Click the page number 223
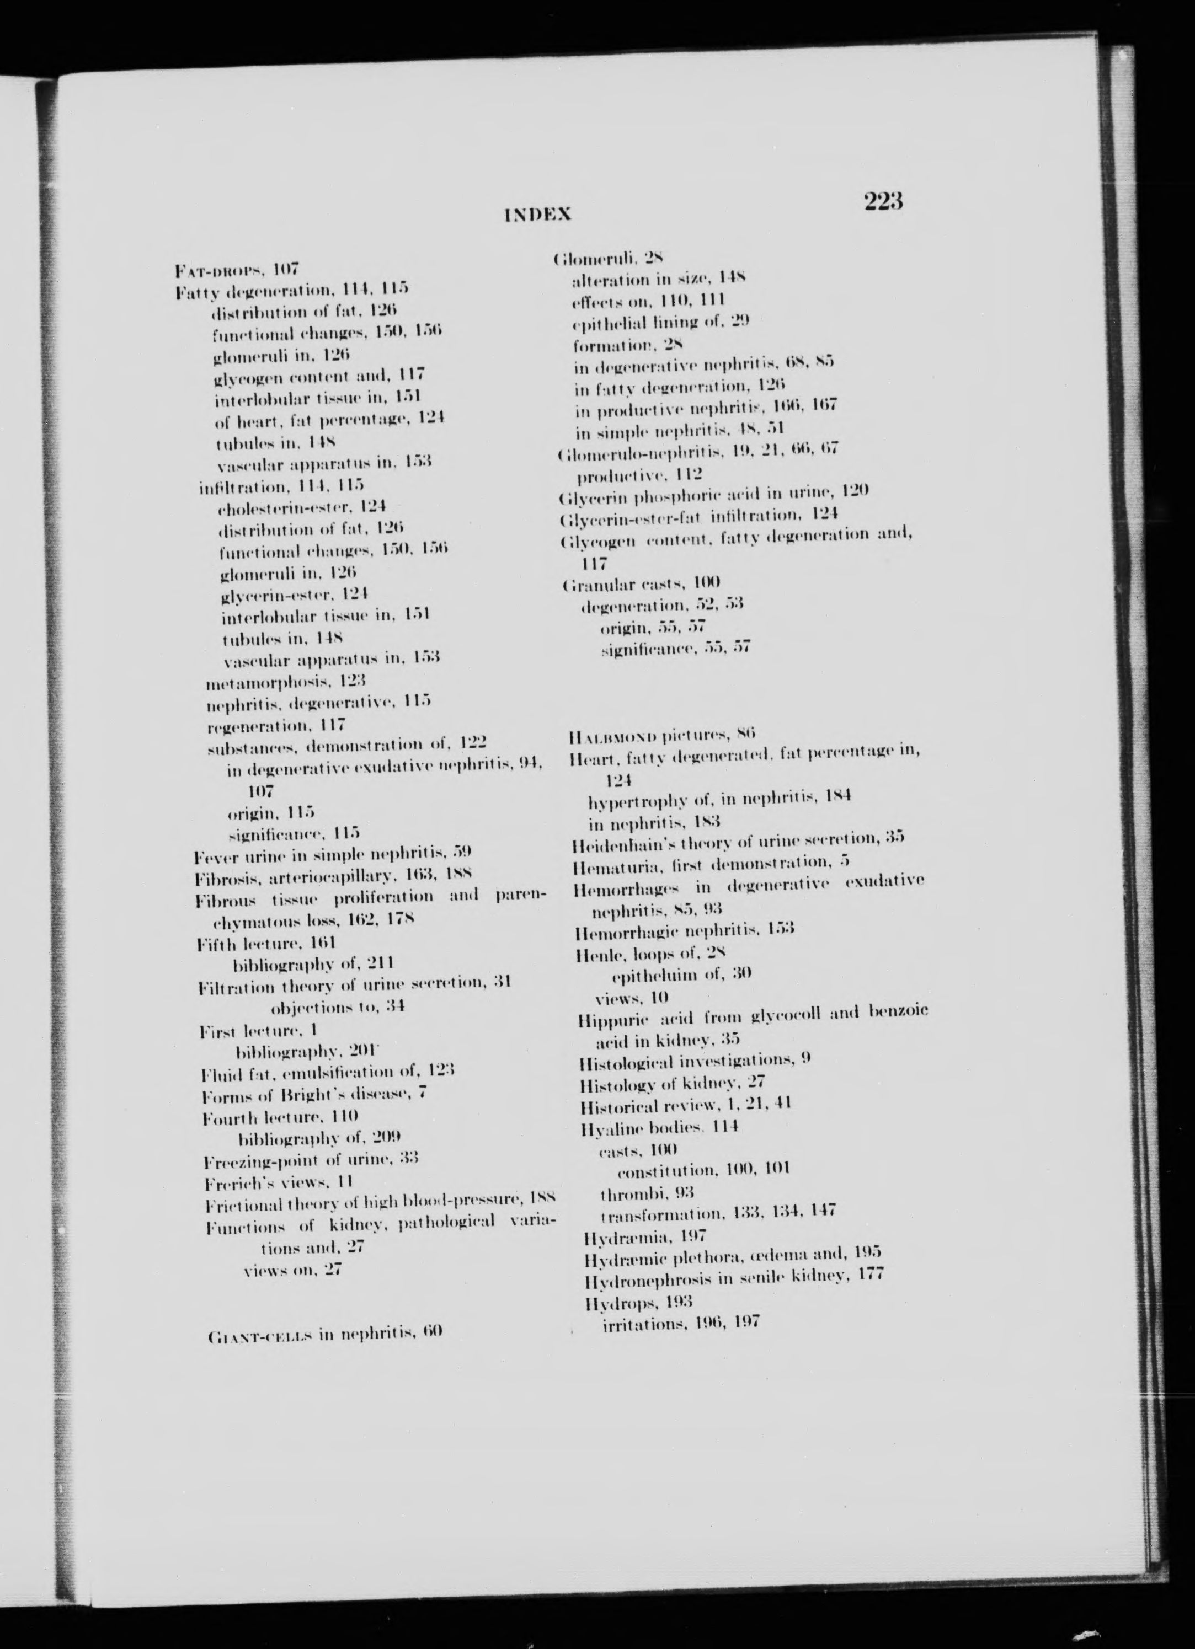pyautogui.click(x=883, y=201)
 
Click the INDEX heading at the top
pyautogui.click(x=537, y=215)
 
